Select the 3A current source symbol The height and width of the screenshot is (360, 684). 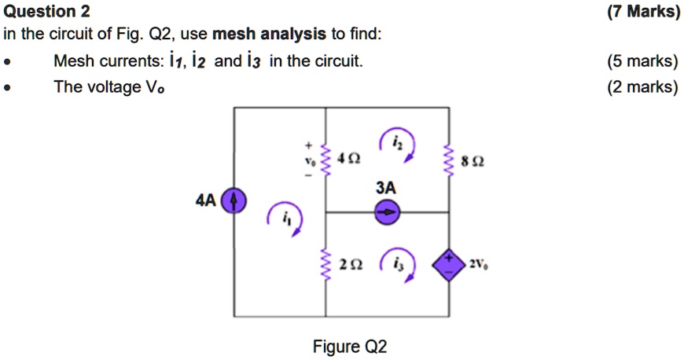(x=386, y=211)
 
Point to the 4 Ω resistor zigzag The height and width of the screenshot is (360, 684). (x=326, y=159)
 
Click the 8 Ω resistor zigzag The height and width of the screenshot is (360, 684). (x=449, y=163)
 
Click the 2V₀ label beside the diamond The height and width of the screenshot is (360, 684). (x=479, y=263)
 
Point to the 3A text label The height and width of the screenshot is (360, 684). (x=386, y=189)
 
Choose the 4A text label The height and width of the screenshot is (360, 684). (x=205, y=201)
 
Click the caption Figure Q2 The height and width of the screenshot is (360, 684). (x=350, y=347)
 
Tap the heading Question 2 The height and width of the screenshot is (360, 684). (x=47, y=11)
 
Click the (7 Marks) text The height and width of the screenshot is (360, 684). (x=643, y=11)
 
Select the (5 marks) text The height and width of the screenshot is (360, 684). (x=642, y=61)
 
